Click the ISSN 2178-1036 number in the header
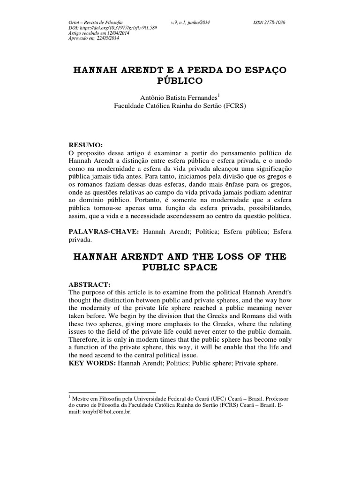270,22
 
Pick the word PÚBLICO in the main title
180,81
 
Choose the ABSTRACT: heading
90,284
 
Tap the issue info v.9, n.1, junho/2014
192,22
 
